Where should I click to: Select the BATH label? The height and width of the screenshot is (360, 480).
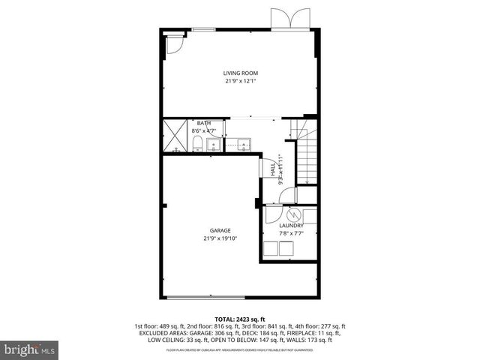pos(204,123)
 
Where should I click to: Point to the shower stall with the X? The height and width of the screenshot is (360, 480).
pos(176,135)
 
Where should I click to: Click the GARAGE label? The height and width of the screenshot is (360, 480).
pos(220,230)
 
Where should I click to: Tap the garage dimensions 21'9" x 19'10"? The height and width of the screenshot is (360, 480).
pos(220,238)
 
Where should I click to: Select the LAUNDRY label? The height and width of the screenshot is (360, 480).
pos(291,225)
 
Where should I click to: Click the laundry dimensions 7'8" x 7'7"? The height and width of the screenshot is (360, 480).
pos(291,233)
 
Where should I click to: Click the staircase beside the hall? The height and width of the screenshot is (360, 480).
pos(307,154)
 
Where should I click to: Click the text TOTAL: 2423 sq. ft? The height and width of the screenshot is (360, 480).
pos(239,319)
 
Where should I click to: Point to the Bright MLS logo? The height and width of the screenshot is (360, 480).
pos(29,349)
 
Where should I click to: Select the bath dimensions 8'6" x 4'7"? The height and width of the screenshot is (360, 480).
pos(204,130)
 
